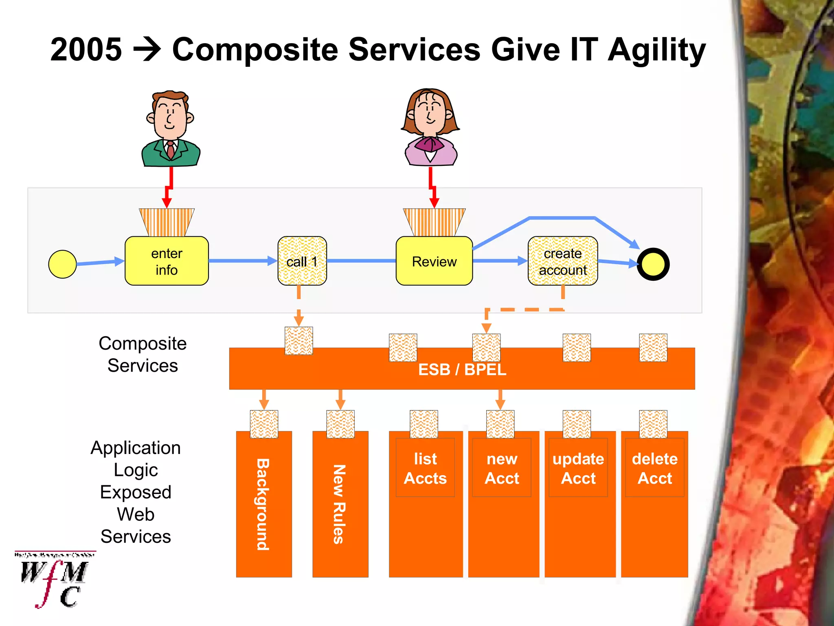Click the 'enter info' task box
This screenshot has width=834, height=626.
[x=167, y=261]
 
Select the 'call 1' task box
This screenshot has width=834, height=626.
[x=302, y=261]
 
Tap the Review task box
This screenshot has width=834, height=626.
[x=434, y=261]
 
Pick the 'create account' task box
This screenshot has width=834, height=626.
[x=563, y=261]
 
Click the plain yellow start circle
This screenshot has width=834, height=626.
[x=62, y=264]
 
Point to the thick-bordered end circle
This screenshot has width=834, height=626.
[x=653, y=264]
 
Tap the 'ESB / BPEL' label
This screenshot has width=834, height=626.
[x=462, y=370]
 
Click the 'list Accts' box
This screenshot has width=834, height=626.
[x=425, y=468]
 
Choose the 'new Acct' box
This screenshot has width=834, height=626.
[x=502, y=468]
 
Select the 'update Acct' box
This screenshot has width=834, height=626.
[x=578, y=468]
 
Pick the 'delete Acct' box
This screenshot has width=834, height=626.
[x=654, y=468]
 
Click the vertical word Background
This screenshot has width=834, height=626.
[x=263, y=505]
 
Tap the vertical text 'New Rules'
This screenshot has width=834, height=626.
[x=340, y=505]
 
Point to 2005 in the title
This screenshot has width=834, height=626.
[x=86, y=49]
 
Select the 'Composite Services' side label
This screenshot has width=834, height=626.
[x=143, y=354]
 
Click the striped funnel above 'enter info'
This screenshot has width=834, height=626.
[x=167, y=222]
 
